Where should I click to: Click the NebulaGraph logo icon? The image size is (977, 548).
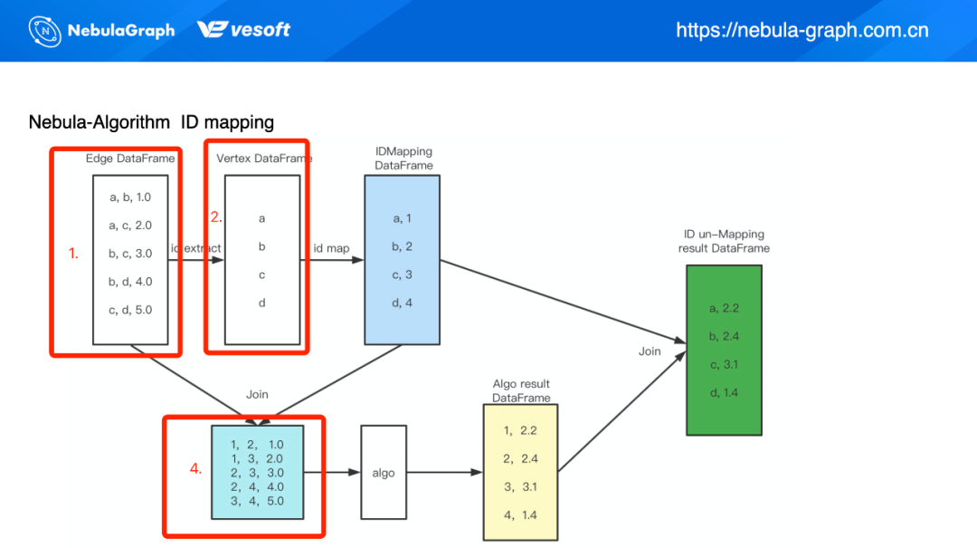(45, 31)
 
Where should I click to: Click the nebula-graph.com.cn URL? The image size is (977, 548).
(802, 30)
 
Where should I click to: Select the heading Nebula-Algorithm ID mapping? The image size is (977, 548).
(151, 121)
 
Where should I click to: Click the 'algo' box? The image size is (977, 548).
(384, 472)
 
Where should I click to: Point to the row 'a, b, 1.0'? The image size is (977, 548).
(130, 197)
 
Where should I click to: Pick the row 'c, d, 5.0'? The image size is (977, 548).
(130, 310)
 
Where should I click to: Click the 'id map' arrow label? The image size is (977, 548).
(331, 247)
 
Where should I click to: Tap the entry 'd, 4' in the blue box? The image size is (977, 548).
(402, 303)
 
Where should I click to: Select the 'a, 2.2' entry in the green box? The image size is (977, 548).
(724, 308)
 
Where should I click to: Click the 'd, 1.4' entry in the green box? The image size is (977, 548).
(724, 392)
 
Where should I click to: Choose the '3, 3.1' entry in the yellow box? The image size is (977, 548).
(520, 486)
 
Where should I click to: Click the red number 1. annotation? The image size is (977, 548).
(73, 255)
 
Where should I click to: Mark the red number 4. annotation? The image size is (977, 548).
(195, 468)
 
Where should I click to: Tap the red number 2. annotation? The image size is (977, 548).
(216, 217)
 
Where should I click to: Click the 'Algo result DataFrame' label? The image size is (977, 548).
(521, 390)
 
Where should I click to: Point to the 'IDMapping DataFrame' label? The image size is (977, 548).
(403, 158)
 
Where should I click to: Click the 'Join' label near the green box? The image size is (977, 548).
(650, 351)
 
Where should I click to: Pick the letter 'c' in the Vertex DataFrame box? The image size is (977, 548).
(261, 274)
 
